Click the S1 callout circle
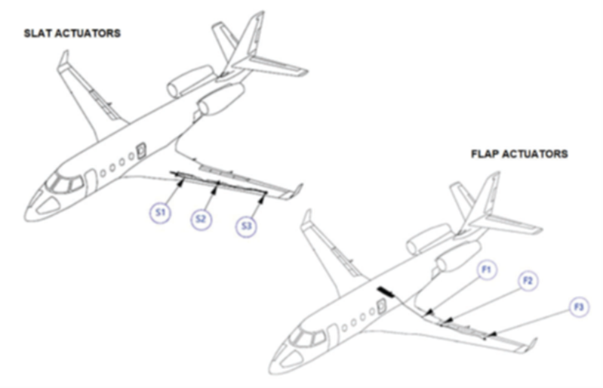160,212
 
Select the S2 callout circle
202,219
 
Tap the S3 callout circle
246,226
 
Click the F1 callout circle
486,269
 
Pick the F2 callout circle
528,281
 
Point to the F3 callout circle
579,307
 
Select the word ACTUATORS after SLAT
88,33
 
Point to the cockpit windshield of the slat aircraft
64,183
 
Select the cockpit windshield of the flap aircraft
307,337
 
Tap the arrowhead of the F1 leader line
431,312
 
